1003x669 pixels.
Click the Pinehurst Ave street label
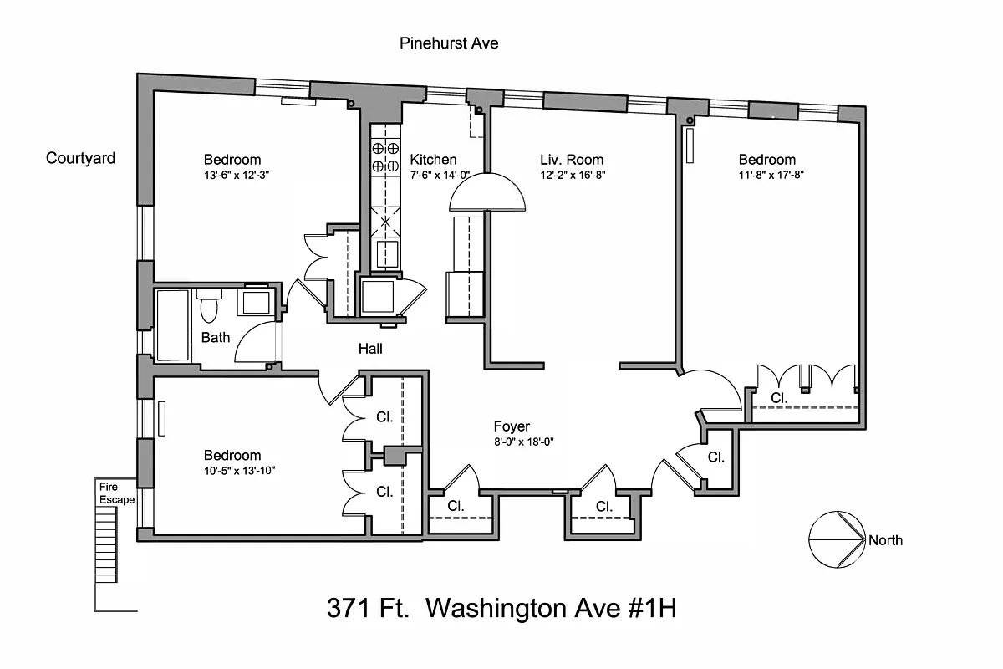coord(449,43)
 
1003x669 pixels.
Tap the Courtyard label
coord(80,158)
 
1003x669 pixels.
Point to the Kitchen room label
coord(433,160)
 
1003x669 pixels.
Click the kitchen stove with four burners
coord(384,156)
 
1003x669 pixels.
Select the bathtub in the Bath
coord(173,324)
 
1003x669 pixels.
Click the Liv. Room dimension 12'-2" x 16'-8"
coord(572,176)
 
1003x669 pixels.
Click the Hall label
coord(370,349)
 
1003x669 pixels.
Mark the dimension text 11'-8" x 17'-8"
coord(770,176)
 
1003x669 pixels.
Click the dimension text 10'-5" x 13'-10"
coord(239,471)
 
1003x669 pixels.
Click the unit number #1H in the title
coord(648,609)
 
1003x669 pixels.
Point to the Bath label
coord(216,338)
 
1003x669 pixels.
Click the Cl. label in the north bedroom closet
coord(779,398)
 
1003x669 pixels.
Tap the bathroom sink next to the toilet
coord(256,301)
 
